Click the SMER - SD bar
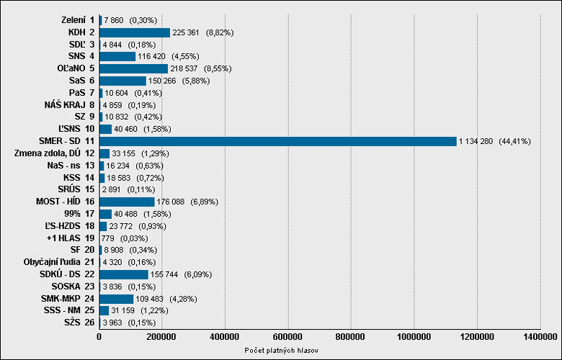point(278,141)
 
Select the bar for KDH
point(135,32)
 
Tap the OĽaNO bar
point(133,68)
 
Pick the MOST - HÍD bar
point(127,202)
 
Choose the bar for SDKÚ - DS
point(124,274)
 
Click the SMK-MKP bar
point(116,299)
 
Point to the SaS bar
point(122,81)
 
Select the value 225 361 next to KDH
point(186,33)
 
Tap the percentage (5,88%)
point(196,81)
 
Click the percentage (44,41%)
point(514,142)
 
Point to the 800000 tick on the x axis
point(351,337)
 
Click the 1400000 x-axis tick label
point(540,337)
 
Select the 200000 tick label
point(162,337)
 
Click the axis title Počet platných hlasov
point(281,351)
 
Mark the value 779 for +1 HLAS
point(107,238)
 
